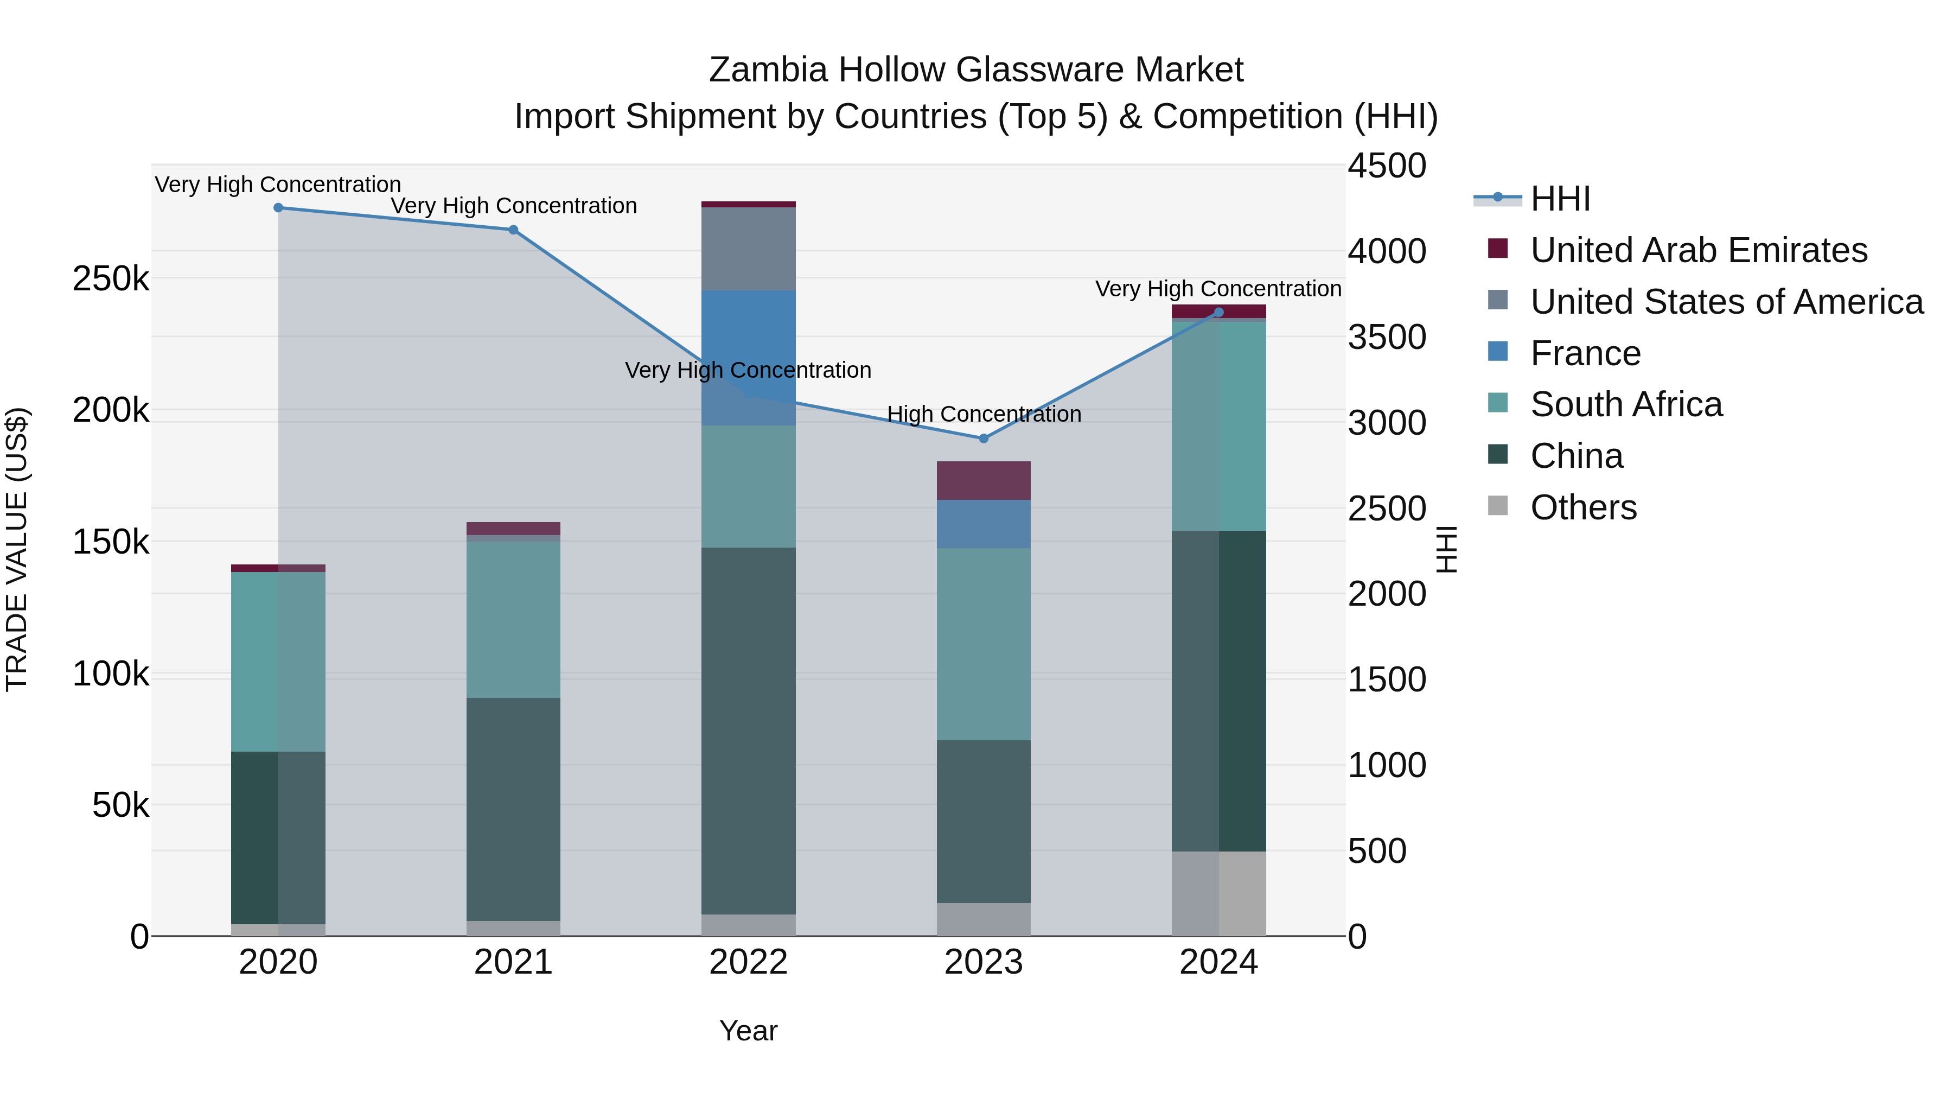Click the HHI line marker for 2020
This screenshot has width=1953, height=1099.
click(278, 208)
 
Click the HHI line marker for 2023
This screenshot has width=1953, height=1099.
click(984, 439)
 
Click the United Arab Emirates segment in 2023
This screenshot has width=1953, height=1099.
click(984, 480)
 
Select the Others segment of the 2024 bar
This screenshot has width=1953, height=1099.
click(1218, 893)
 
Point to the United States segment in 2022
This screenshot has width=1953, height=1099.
click(748, 249)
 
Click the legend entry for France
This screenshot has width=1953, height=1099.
click(1585, 353)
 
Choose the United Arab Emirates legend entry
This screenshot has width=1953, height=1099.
click(1698, 250)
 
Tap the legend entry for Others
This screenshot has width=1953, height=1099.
click(1583, 507)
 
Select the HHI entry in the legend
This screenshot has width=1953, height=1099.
click(1560, 199)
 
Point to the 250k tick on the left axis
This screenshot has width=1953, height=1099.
click(111, 279)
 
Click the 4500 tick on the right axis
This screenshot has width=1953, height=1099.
click(1387, 166)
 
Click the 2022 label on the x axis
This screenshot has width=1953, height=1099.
click(748, 962)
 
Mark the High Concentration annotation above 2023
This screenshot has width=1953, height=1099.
click(984, 414)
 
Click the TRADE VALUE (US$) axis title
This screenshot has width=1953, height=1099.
click(17, 549)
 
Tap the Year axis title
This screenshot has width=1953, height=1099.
click(748, 1031)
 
